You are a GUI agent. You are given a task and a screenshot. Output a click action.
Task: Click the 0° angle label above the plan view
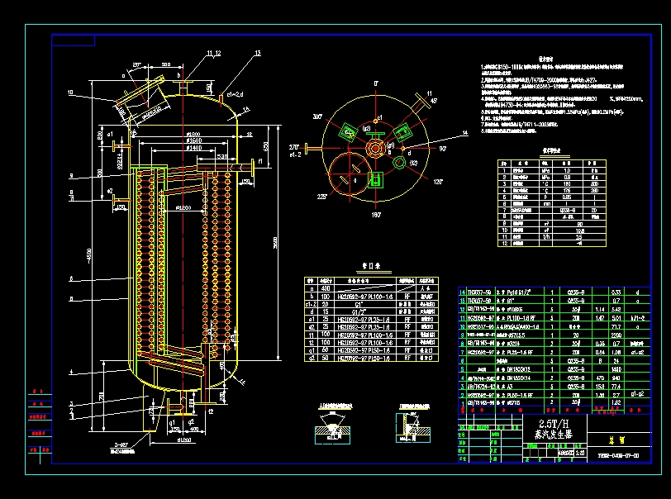pyautogui.click(x=375, y=83)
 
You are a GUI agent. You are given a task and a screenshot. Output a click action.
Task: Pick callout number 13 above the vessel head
pyautogui.click(x=258, y=53)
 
